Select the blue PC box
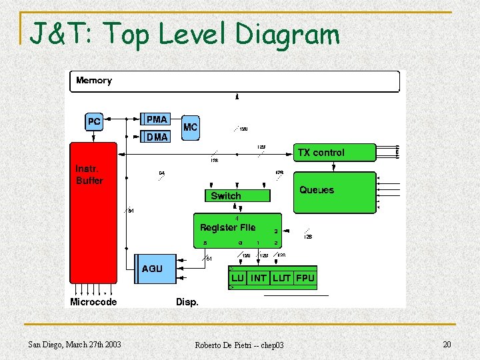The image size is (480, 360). [94, 122]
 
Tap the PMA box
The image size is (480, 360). [157, 119]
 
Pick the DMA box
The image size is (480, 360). [157, 137]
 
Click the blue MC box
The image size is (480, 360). [191, 127]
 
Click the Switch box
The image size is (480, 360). [237, 196]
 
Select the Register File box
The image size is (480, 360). [237, 230]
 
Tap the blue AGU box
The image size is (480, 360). [157, 269]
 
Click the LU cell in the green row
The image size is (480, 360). [238, 278]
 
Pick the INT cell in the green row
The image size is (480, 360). [259, 278]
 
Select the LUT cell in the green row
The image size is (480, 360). [281, 278]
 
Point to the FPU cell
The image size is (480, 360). [305, 278]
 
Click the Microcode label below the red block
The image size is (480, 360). [93, 302]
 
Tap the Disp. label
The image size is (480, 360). [187, 302]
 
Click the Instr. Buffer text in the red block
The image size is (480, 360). [89, 175]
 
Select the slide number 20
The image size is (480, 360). [446, 344]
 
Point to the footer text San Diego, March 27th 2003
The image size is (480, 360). [75, 344]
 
